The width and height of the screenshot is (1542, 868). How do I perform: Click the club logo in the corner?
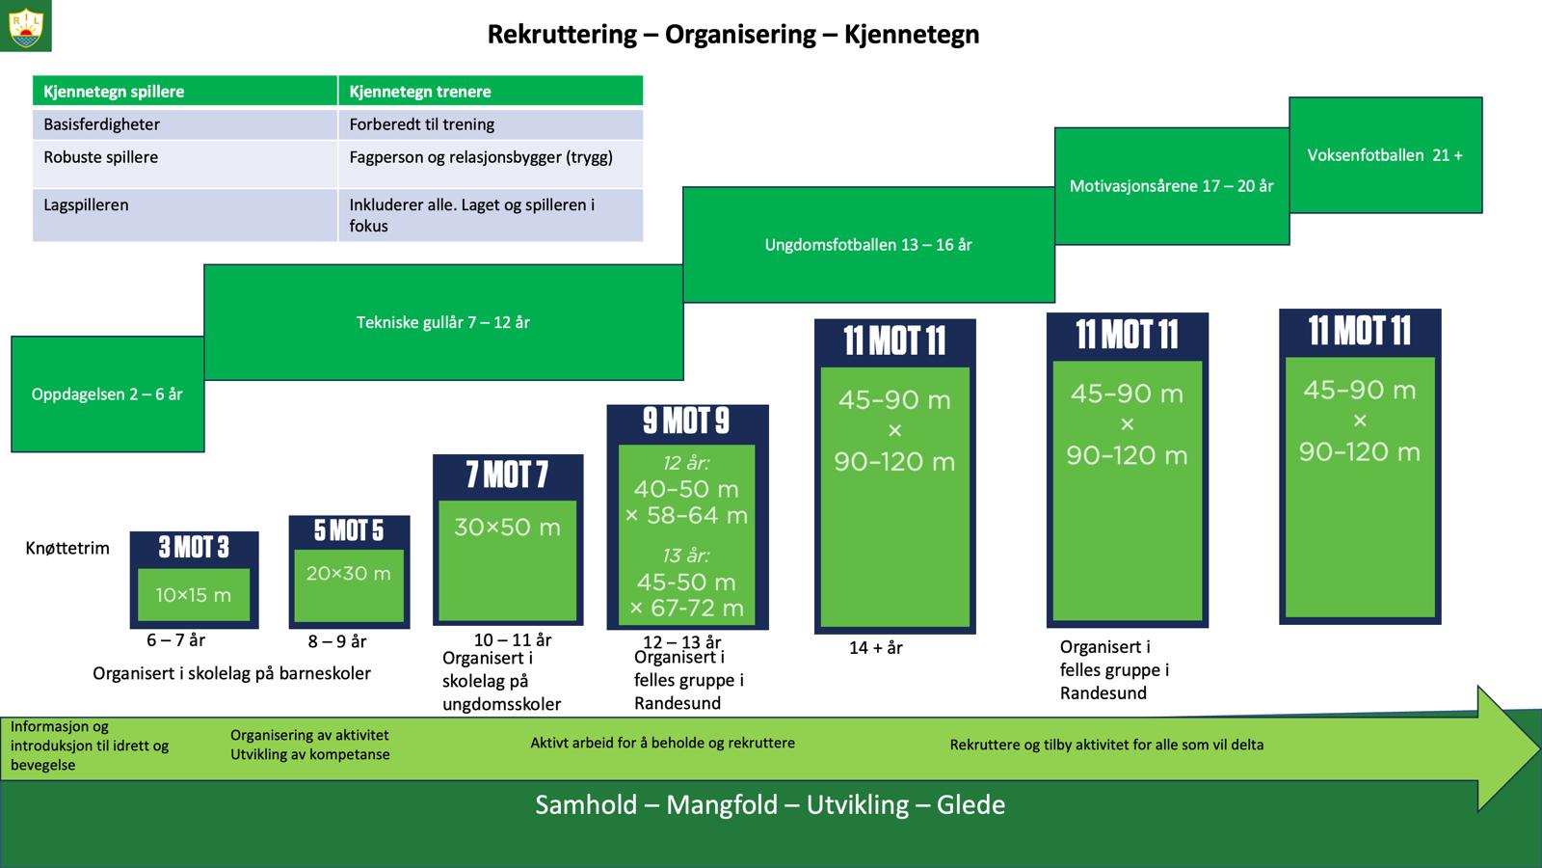pyautogui.click(x=25, y=26)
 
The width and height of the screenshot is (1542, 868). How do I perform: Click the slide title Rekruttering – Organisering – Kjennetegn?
pyautogui.click(x=732, y=35)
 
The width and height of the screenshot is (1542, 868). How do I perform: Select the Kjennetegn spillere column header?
pyautogui.click(x=114, y=92)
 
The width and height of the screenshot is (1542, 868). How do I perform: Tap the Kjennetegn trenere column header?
pyautogui.click(x=420, y=92)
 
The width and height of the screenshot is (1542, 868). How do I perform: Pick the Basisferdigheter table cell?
pyautogui.click(x=102, y=124)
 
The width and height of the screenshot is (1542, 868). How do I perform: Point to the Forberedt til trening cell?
pyautogui.click(x=422, y=124)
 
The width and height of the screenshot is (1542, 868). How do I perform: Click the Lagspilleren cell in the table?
pyautogui.click(x=86, y=205)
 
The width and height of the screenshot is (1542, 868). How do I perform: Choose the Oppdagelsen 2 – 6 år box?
pyautogui.click(x=107, y=394)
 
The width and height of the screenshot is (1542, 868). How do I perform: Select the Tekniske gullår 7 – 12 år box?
pyautogui.click(x=443, y=322)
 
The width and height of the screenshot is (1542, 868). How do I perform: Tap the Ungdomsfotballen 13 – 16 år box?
pyautogui.click(x=868, y=245)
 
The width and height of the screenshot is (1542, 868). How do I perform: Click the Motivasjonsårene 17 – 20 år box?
pyautogui.click(x=1171, y=186)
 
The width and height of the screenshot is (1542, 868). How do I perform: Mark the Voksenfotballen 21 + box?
pyautogui.click(x=1385, y=155)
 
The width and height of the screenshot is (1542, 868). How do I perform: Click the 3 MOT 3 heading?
pyautogui.click(x=194, y=548)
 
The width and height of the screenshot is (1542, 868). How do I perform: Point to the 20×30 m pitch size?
pyautogui.click(x=349, y=574)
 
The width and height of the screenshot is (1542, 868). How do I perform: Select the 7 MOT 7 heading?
pyautogui.click(x=507, y=475)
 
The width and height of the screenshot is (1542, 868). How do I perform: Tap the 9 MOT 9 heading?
pyautogui.click(x=686, y=421)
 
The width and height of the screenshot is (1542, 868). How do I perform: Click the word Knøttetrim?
pyautogui.click(x=67, y=549)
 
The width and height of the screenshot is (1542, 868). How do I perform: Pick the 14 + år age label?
pyautogui.click(x=875, y=648)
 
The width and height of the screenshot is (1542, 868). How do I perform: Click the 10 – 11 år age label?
pyautogui.click(x=513, y=640)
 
